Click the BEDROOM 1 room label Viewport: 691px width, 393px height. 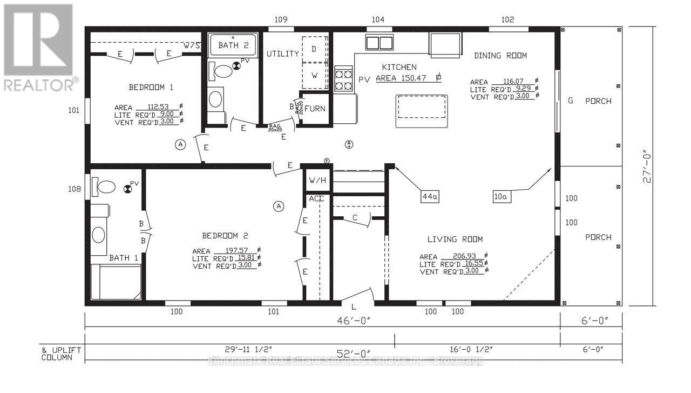point(151,87)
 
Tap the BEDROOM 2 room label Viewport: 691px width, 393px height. point(225,236)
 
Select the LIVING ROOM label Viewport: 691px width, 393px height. point(455,239)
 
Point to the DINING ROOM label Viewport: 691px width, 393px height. point(500,56)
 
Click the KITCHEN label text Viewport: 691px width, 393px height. point(399,67)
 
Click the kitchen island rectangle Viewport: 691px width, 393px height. point(421,111)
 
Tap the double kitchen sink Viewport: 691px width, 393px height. point(380,42)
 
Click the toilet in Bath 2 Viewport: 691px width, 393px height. point(222,70)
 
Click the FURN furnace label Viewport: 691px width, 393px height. point(314,109)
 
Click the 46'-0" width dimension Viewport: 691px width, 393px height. point(353,320)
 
